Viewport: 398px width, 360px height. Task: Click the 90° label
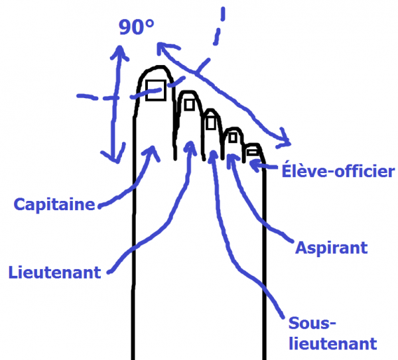[136, 27]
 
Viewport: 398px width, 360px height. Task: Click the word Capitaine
[54, 205]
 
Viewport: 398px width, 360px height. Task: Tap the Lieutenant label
[55, 272]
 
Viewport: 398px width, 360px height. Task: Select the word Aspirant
[332, 248]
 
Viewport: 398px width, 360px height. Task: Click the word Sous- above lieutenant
[312, 324]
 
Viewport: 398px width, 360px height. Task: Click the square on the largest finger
[156, 90]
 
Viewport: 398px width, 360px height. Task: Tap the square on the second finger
[189, 105]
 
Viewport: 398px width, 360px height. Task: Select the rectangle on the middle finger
[211, 123]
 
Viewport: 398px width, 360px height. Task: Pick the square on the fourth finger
[233, 138]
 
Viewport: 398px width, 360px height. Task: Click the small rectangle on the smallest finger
[253, 152]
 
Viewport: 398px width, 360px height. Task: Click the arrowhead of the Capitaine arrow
[153, 151]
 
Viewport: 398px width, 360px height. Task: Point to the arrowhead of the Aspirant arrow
[231, 158]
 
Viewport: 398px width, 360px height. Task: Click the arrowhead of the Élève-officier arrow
[254, 165]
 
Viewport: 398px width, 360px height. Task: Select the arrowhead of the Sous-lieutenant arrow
[213, 154]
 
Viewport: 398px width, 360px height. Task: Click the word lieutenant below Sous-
[333, 344]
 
